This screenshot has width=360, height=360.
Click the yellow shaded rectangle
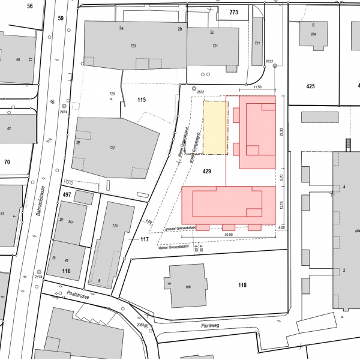[x=215, y=127]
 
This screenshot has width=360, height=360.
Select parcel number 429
[x=207, y=172]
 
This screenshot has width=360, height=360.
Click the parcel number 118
[x=242, y=285]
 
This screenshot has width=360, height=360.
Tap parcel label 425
[x=310, y=87]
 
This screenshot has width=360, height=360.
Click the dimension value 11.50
[x=258, y=88]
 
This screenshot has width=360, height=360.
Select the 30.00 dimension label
[x=228, y=235]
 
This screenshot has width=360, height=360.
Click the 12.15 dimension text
[x=281, y=206]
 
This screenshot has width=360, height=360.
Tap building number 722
[x=112, y=148]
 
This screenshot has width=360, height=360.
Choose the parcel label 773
[x=234, y=12]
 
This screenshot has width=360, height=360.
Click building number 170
[x=116, y=226]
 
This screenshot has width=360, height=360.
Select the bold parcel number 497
[x=67, y=196]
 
